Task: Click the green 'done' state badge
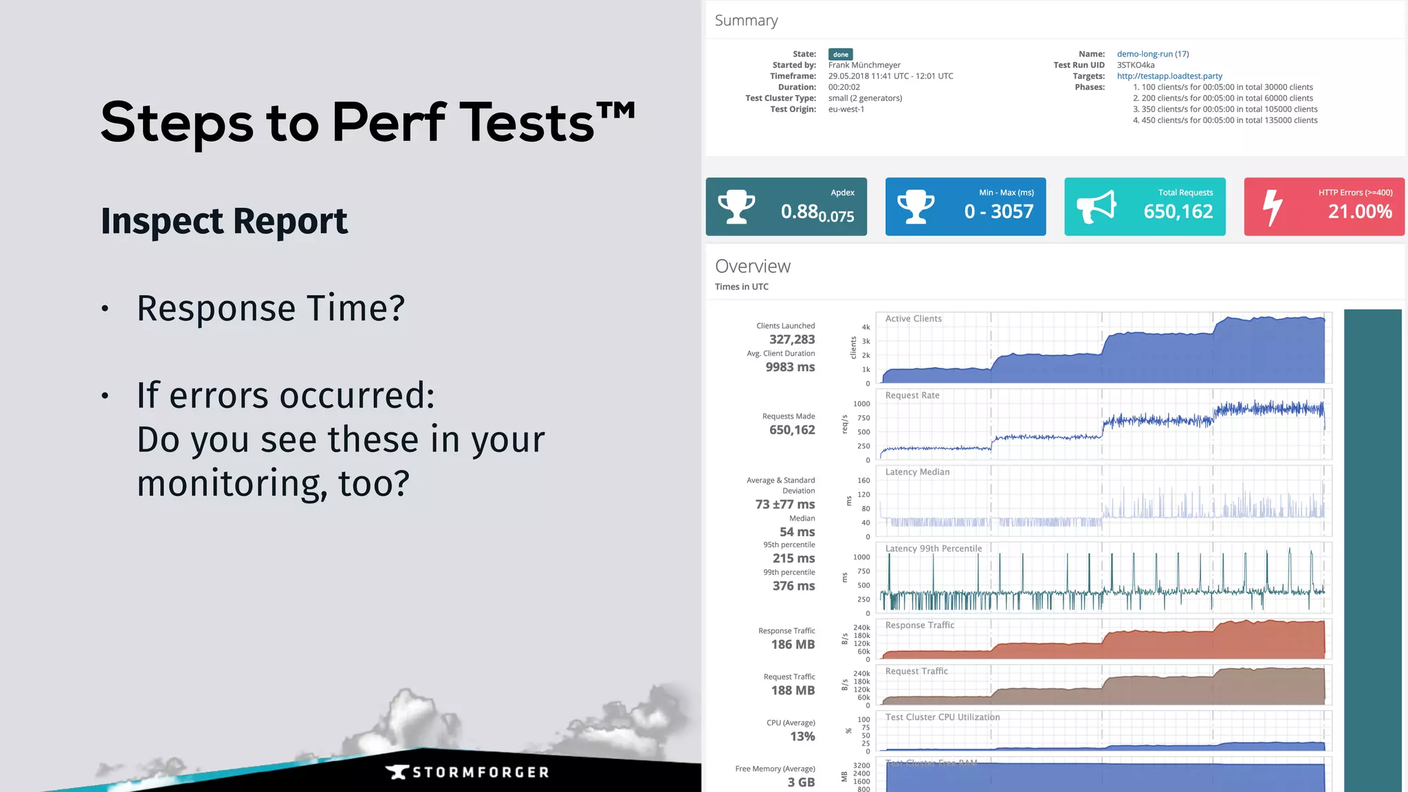pos(840,54)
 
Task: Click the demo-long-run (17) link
pos(1152,54)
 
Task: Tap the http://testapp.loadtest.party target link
pos(1169,76)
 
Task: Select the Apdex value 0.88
pos(799,211)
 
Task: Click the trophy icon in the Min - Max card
pos(916,207)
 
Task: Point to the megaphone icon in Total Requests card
pos(1096,207)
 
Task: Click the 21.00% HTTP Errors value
pos(1359,211)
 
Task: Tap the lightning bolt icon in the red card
pos(1273,207)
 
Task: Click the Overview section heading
pos(752,266)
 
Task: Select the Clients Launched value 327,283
pos(791,339)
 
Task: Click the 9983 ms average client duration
pos(790,367)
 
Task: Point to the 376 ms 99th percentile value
pos(793,586)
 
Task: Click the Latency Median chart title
pos(917,472)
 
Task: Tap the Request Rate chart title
pos(912,395)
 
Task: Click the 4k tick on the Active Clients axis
pos(866,327)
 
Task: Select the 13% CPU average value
pos(802,736)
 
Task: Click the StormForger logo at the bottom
pos(467,772)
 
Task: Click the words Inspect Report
pos(224,221)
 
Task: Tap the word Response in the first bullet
pos(216,308)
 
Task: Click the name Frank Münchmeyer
pos(863,65)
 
